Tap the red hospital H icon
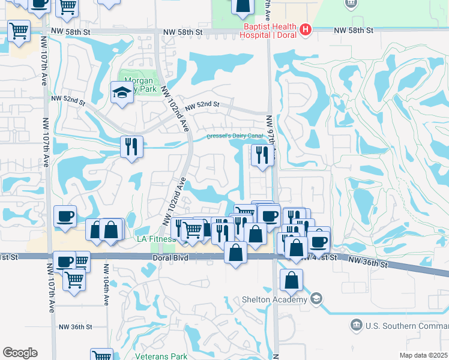point(305,28)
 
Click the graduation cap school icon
point(121,92)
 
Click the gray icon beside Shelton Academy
point(316,299)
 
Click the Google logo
point(20,353)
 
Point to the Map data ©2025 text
point(424,355)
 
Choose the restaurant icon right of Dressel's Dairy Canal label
point(262,154)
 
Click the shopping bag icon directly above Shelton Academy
point(291,280)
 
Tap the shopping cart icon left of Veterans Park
point(101,355)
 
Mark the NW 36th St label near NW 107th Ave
point(75,327)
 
